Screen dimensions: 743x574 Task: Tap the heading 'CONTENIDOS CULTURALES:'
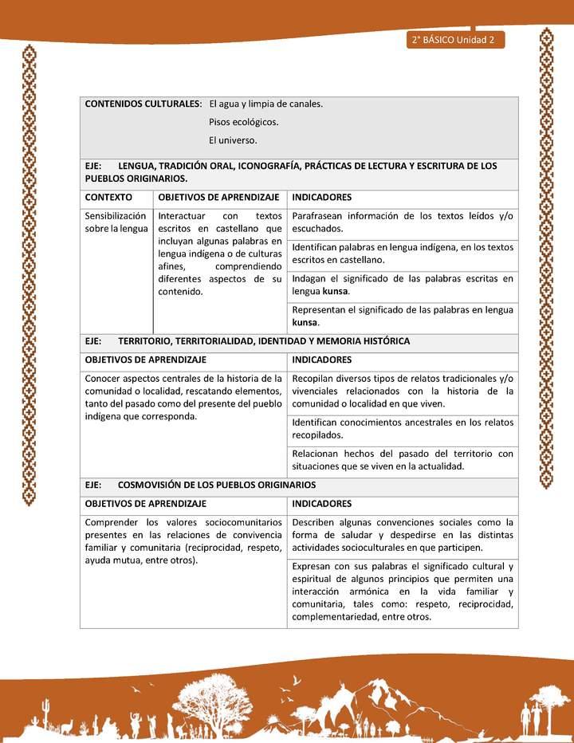143,104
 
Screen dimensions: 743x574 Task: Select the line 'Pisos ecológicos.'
244,122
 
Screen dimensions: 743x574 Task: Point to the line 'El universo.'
233,140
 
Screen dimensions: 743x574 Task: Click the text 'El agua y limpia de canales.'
265,104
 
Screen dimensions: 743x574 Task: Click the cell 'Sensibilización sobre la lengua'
116,222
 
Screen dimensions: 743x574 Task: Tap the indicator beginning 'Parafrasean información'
403,222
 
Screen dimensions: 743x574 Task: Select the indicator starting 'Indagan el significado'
403,285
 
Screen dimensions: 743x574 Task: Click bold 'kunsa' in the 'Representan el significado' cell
305,323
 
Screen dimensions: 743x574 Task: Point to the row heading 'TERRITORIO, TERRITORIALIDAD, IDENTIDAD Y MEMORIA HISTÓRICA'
264,341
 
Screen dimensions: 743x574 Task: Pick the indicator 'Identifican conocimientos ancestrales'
403,428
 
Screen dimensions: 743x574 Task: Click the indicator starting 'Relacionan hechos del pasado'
403,459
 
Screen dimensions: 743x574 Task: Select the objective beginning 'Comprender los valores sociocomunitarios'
183,541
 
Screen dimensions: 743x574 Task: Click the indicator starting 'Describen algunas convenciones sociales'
403,535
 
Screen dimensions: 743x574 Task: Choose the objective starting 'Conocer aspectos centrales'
183,397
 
